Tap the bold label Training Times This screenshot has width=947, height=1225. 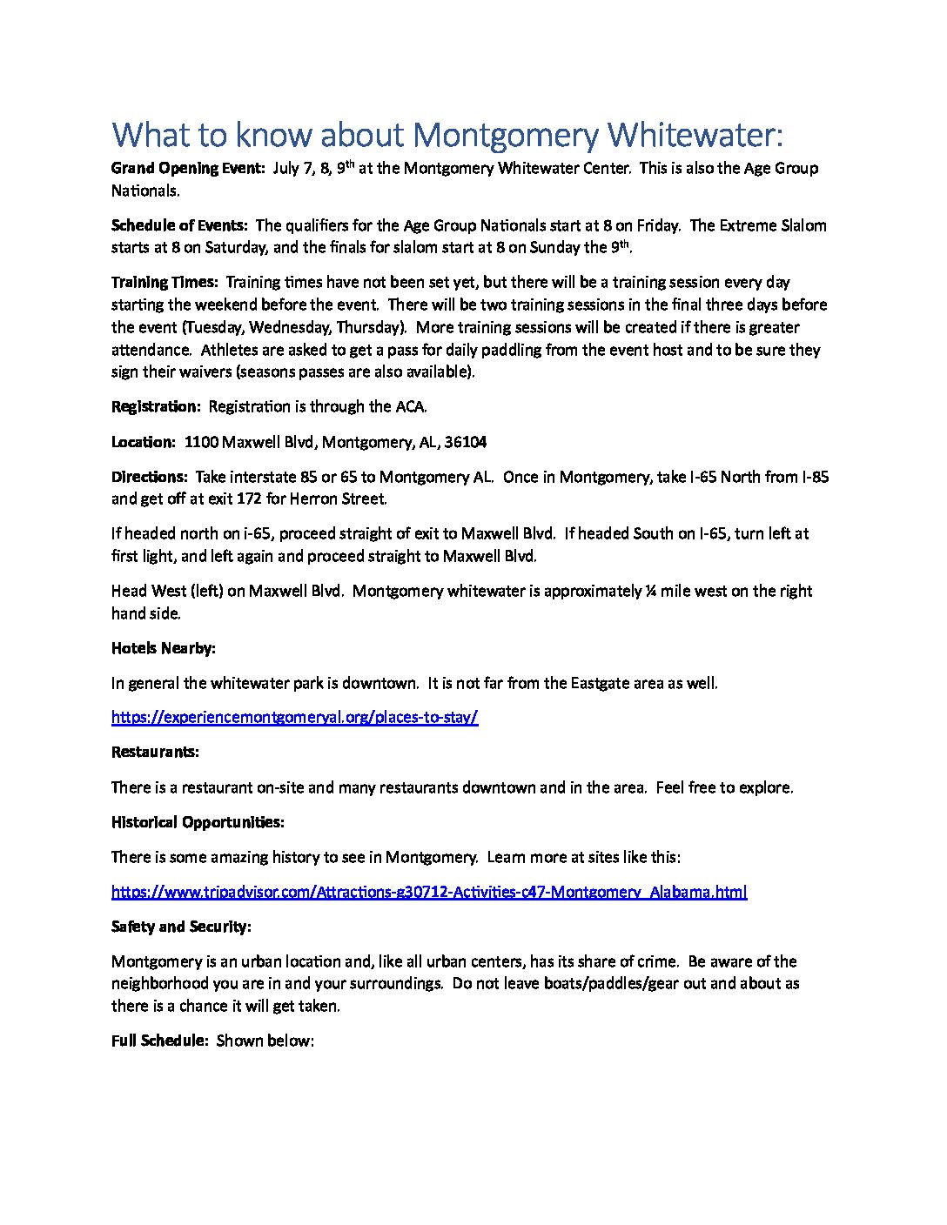[x=165, y=283]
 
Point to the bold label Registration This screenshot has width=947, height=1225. [x=156, y=407]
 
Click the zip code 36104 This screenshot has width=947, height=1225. [x=465, y=443]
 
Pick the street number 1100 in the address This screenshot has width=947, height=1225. [x=201, y=443]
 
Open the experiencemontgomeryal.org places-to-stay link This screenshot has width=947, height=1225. [x=294, y=718]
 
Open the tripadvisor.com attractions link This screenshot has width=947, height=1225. [x=428, y=892]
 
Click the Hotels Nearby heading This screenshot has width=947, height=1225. [x=164, y=649]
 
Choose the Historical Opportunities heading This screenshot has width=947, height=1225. [x=198, y=823]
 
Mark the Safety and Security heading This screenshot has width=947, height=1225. [x=181, y=927]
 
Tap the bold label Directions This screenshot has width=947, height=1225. [x=149, y=478]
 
